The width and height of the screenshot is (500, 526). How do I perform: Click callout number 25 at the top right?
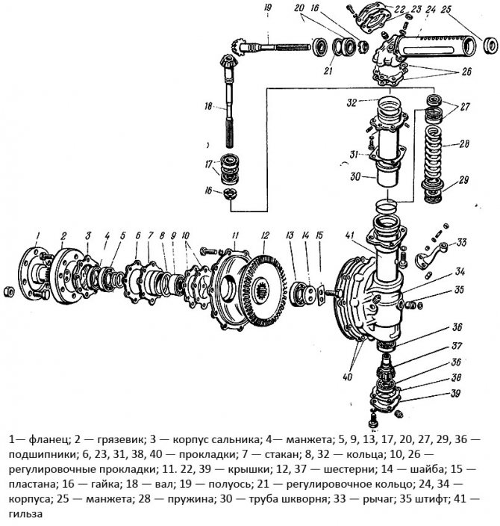tap(466, 10)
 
